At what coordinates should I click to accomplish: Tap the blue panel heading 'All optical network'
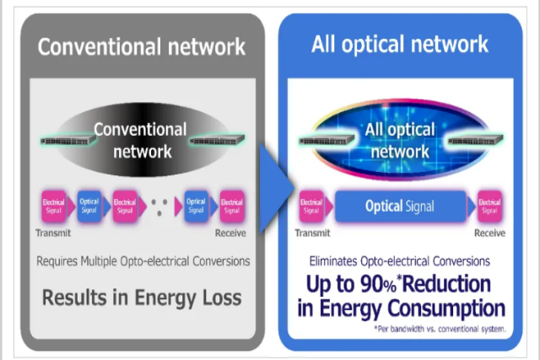coord(399,43)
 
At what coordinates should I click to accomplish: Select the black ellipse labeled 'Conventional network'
coord(140,140)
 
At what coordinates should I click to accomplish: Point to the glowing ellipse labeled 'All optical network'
coord(400,141)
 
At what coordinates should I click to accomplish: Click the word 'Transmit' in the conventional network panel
coord(52,234)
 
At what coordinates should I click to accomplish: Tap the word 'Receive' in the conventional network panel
coord(230,234)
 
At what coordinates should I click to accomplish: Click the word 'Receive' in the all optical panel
coord(489,234)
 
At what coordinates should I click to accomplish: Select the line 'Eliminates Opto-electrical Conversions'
coord(401,261)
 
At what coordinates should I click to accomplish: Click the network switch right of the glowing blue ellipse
coord(478,138)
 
